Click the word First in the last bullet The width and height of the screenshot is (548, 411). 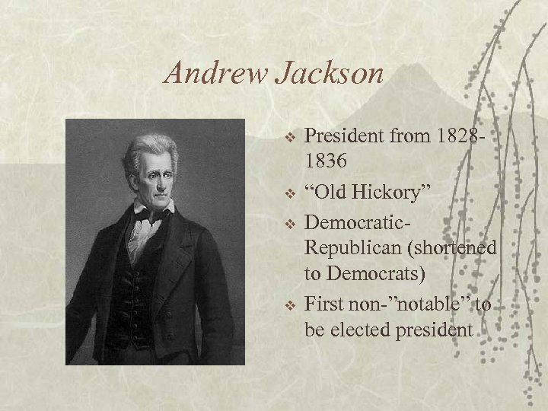323,304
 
